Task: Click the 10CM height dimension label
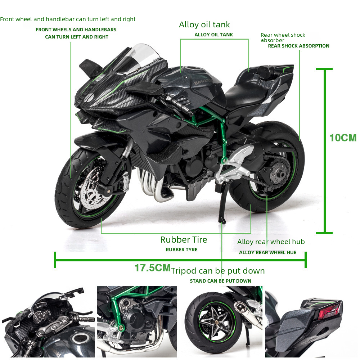tap(343, 138)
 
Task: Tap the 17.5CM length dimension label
tap(153, 268)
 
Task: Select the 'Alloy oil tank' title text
tap(204, 24)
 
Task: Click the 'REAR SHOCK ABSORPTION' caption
tap(298, 46)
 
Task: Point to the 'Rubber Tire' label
tap(184, 240)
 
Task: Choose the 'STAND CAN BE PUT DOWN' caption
tap(220, 281)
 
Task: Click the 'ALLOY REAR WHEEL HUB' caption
tap(268, 253)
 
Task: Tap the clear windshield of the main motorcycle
tap(138, 59)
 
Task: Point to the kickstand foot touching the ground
tap(222, 221)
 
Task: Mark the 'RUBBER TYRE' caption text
tap(181, 249)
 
